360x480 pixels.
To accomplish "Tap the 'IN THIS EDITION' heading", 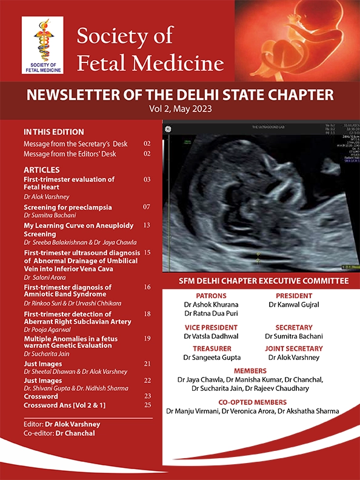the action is pos(53,132).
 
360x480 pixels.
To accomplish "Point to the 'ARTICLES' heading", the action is pos(41,170).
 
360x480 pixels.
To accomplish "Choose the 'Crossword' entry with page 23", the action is pos(41,396).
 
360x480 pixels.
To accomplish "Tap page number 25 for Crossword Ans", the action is pos(147,404).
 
